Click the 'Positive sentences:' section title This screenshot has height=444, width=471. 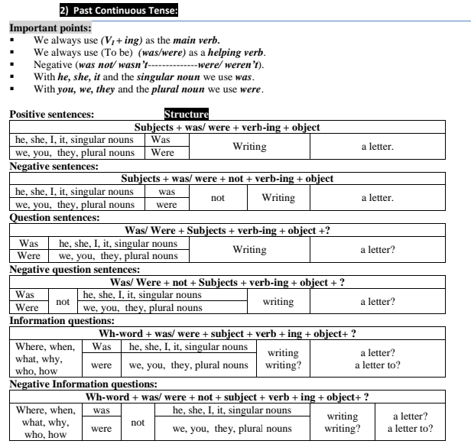(x=51, y=115)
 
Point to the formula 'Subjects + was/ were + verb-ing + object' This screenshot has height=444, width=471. (x=226, y=128)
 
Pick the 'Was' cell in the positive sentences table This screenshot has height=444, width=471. (x=161, y=141)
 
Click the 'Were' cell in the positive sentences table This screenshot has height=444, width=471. (x=162, y=153)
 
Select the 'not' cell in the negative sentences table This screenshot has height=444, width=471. (x=218, y=198)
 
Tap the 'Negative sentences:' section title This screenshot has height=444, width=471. (x=54, y=166)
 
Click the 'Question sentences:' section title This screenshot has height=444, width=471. (x=54, y=218)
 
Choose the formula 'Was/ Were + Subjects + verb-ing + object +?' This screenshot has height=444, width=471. (x=227, y=231)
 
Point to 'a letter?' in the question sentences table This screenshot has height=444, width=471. (x=378, y=250)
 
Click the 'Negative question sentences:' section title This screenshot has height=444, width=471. (x=74, y=269)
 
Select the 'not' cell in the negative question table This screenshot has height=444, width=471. (x=63, y=301)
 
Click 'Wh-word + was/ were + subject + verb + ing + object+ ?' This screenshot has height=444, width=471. (x=227, y=334)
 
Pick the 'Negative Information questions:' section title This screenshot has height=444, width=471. (x=83, y=384)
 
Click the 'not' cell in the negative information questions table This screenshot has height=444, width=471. (x=138, y=423)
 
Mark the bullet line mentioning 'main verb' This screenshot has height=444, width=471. (x=127, y=40)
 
